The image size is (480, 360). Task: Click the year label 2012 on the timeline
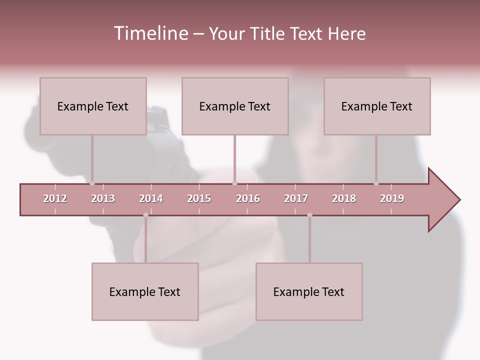tap(55, 198)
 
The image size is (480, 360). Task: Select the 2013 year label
tap(103, 198)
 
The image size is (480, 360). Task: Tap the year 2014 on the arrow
tap(151, 198)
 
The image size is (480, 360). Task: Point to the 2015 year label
tap(199, 198)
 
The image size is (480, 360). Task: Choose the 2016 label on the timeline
tap(248, 198)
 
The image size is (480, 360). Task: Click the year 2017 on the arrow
tap(296, 198)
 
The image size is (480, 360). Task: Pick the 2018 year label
tap(344, 198)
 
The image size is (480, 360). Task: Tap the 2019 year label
tap(392, 198)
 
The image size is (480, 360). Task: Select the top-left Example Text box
tap(93, 106)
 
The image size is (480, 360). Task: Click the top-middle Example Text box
tap(235, 106)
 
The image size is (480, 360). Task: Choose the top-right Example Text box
tap(377, 106)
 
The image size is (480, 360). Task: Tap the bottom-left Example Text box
tap(145, 291)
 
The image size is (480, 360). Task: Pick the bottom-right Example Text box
tap(309, 291)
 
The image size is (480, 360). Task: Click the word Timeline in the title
tap(150, 33)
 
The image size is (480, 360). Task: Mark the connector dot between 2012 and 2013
tap(92, 183)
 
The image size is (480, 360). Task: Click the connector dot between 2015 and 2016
tap(235, 183)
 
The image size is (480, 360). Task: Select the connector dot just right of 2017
tap(309, 215)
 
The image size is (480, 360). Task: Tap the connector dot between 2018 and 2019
tap(376, 183)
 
